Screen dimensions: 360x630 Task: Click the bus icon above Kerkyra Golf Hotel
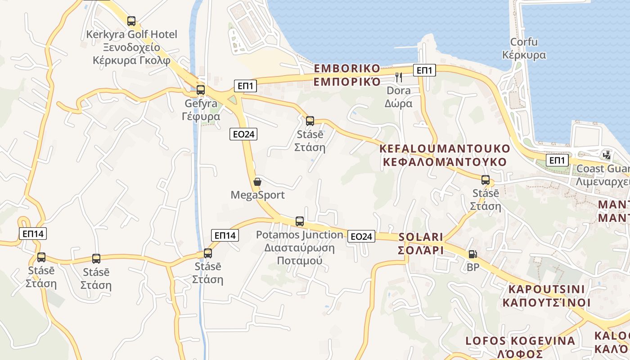[131, 21]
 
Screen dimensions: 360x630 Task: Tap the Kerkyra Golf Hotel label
[132, 47]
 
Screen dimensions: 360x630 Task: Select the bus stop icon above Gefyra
[201, 90]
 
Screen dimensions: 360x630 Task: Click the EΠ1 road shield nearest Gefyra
[245, 85]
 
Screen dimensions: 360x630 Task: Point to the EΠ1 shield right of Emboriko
[424, 70]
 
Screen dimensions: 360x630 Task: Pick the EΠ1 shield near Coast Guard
[557, 160]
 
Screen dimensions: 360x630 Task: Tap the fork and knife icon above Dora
[399, 77]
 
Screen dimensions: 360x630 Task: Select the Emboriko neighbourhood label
[347, 75]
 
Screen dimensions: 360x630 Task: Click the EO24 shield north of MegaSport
[243, 134]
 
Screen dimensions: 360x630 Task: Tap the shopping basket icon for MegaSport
[257, 182]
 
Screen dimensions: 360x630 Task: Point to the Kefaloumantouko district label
[445, 155]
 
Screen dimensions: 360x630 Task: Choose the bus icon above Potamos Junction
[300, 221]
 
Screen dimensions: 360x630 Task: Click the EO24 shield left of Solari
[361, 236]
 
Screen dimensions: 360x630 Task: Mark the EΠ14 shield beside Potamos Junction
[225, 235]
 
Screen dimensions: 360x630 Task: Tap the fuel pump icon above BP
[472, 254]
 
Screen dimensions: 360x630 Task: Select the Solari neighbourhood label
[421, 243]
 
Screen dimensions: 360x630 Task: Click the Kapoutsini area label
[546, 296]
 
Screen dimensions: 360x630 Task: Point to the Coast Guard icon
[607, 155]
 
